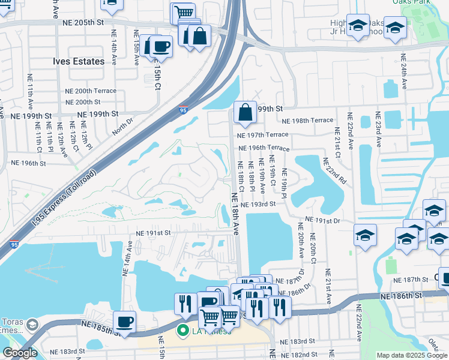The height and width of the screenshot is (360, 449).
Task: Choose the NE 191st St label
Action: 154,233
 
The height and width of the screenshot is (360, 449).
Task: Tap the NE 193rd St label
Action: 258,204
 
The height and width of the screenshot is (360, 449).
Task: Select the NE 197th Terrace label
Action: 264,135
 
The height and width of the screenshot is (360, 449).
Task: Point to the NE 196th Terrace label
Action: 264,148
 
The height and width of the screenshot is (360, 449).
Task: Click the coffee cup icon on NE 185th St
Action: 124,321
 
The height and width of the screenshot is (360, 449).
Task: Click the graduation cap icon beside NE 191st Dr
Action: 365,236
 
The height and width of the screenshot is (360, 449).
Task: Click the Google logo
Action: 20,353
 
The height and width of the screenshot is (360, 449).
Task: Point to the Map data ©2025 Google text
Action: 411,355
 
